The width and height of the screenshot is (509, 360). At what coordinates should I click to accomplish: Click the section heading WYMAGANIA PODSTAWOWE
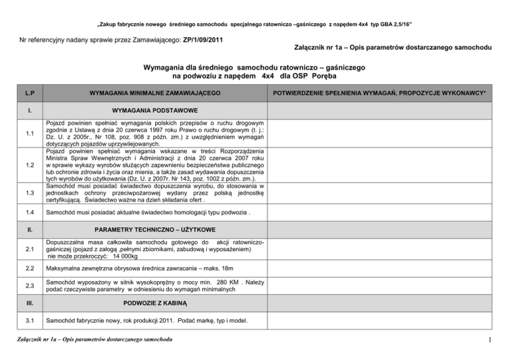point(153,110)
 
